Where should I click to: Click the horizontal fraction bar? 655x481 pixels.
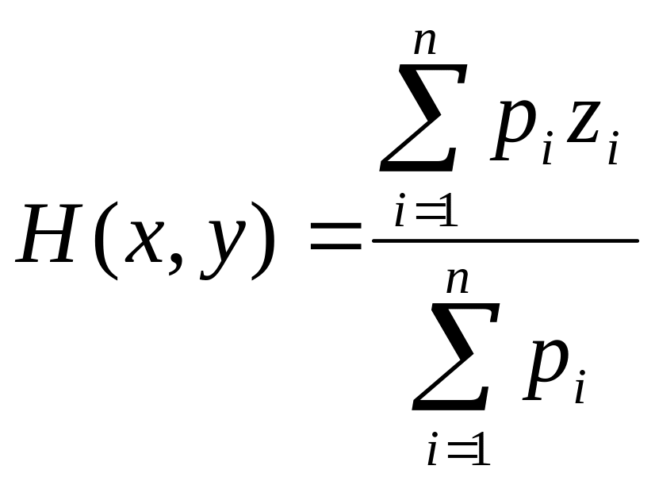tap(506, 240)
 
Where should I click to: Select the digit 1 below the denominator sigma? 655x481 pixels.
tap(481, 451)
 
